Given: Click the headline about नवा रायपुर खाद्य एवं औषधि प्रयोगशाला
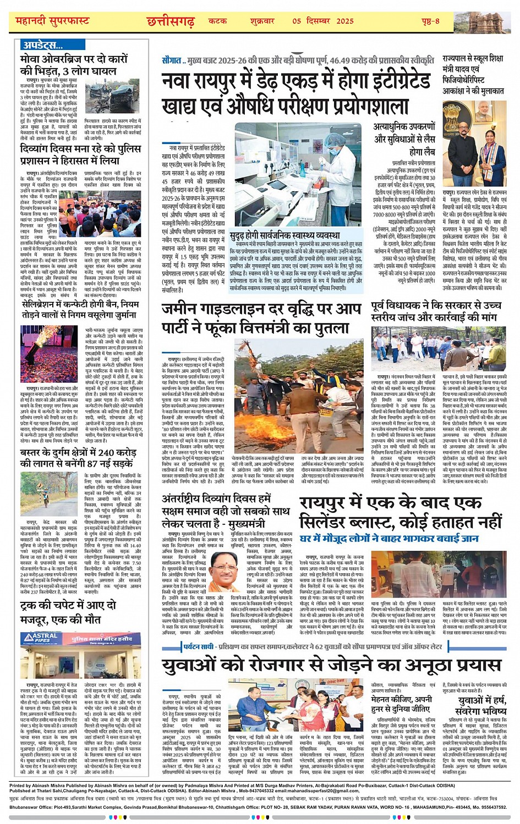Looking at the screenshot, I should [296, 93].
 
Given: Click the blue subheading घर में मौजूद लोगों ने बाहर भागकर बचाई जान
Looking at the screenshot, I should [389, 538].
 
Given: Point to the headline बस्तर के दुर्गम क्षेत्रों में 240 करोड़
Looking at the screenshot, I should [78, 458].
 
